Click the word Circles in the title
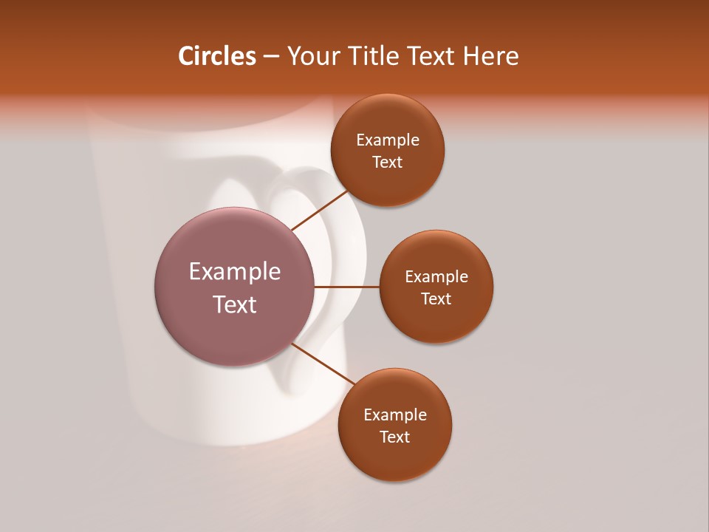(217, 56)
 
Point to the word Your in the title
(312, 56)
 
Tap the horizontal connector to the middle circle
(347, 287)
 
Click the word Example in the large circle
(235, 272)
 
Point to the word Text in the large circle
(235, 304)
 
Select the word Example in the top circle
(388, 140)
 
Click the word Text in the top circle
(388, 163)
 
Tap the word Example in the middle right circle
(436, 277)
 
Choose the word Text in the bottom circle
(395, 437)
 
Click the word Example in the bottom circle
(395, 415)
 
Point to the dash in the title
(271, 56)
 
